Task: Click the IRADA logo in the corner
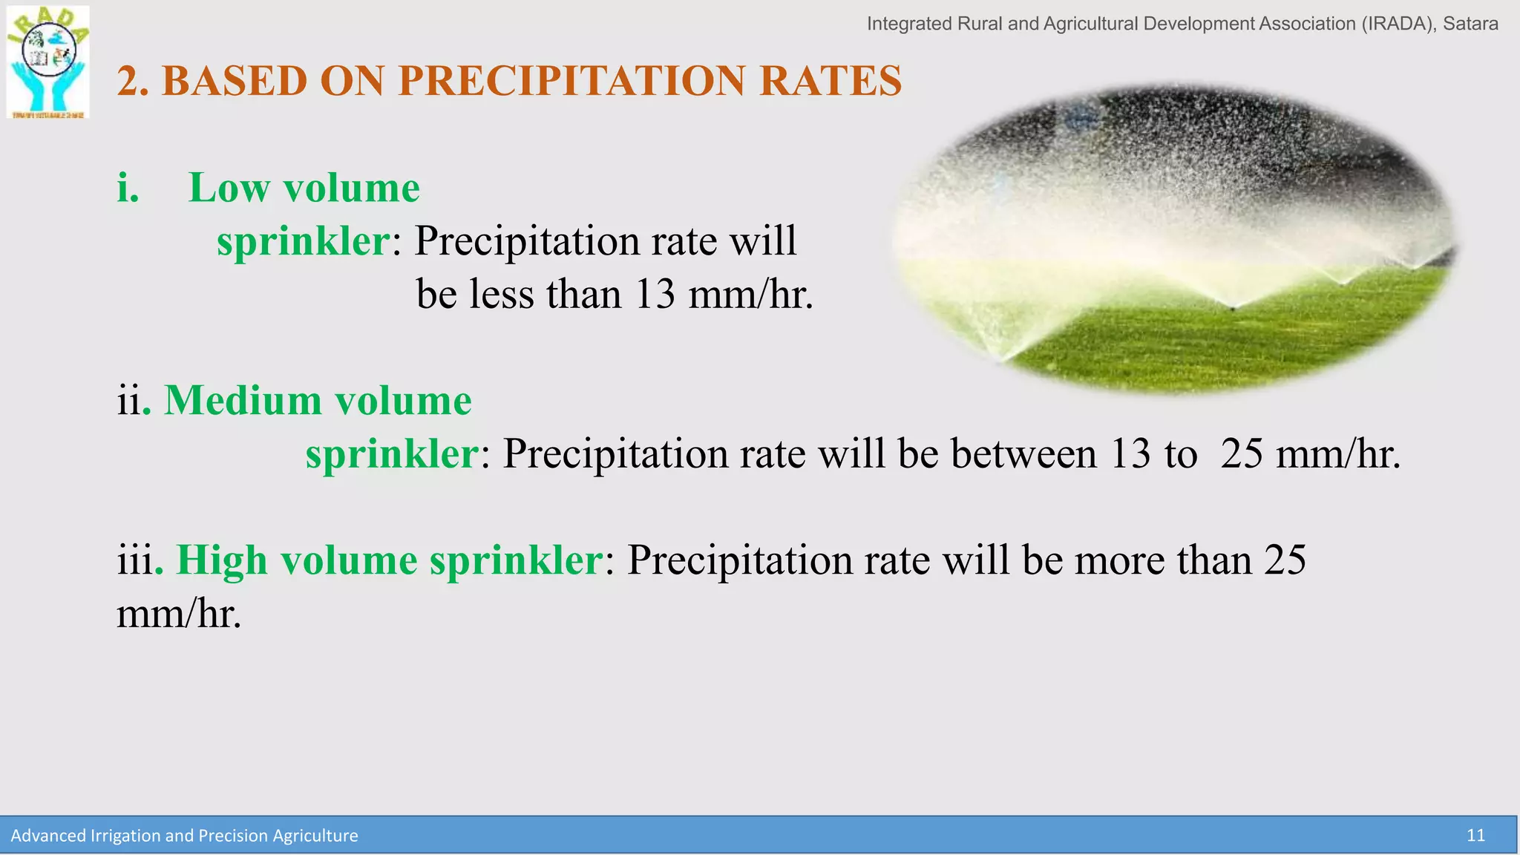pyautogui.click(x=48, y=62)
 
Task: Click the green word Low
pyautogui.click(x=229, y=188)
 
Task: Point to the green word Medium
pyautogui.click(x=243, y=401)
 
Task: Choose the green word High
pyautogui.click(x=221, y=560)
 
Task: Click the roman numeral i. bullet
pyautogui.click(x=128, y=188)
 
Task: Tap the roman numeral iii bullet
pyautogui.click(x=134, y=560)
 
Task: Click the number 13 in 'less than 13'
pyautogui.click(x=655, y=294)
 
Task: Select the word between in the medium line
pyautogui.click(x=1023, y=453)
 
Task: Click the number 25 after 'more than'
pyautogui.click(x=1285, y=560)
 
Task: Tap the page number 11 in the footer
pyautogui.click(x=1475, y=836)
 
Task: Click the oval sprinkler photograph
pyautogui.click(x=1174, y=237)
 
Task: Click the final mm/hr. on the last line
pyautogui.click(x=179, y=614)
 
